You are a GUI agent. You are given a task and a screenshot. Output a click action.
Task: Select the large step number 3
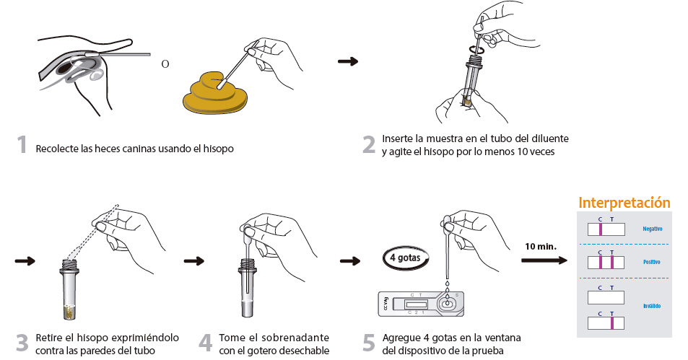(22, 343)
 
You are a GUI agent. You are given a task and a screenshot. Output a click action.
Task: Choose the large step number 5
(368, 343)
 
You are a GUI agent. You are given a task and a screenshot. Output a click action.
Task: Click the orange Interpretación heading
(624, 203)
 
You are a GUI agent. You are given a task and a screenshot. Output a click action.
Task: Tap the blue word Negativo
(652, 229)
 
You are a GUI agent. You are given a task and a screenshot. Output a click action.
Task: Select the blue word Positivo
(651, 261)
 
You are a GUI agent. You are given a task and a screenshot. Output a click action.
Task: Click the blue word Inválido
(651, 306)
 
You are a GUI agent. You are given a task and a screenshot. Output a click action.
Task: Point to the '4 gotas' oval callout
(405, 258)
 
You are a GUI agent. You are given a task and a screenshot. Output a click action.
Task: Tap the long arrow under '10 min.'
(543, 260)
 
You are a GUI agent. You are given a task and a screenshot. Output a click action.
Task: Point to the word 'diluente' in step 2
(549, 138)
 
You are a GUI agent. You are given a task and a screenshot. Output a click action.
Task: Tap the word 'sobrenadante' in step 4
(297, 338)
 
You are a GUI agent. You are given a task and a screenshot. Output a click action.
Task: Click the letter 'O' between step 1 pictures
(165, 63)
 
